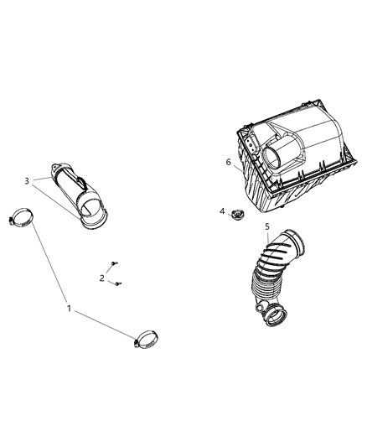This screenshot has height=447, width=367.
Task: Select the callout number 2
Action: point(102,278)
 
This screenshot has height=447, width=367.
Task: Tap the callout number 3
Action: point(27,180)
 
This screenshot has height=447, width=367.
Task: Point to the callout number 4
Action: point(223,211)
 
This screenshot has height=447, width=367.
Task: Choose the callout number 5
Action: point(266,226)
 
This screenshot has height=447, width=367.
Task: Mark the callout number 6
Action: point(228,162)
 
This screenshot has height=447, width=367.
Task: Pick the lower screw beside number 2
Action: point(117,285)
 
